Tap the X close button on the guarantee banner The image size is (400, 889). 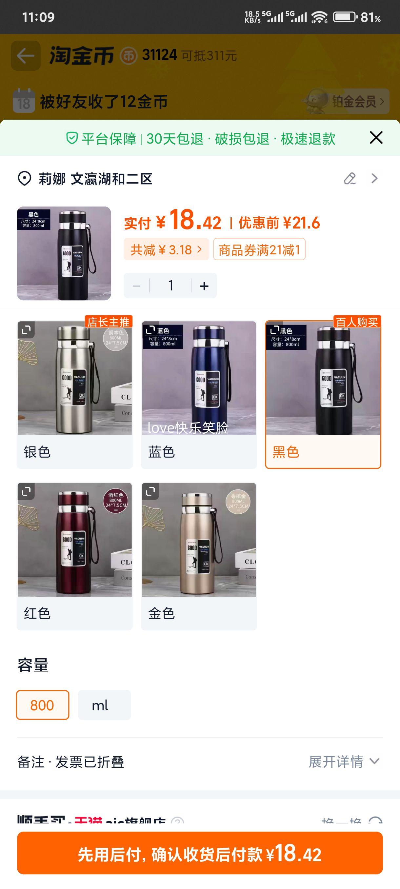pos(376,138)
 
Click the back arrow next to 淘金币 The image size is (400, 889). pos(26,56)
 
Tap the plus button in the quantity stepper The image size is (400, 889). pos(204,286)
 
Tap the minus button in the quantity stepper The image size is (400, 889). pos(137,286)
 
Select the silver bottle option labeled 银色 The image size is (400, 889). pos(74,394)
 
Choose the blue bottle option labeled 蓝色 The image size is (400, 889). pos(199,394)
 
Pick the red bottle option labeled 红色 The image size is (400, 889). pos(74,556)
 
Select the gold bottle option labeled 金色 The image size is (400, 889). pos(199,556)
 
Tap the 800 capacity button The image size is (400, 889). pos(42,705)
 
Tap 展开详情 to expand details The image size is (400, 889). pos(344,762)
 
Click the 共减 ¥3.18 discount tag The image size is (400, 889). pos(166,249)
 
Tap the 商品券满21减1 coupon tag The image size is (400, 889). pos(259,249)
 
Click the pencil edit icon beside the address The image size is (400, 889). pos(350,178)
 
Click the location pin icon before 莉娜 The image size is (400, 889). pos(25,179)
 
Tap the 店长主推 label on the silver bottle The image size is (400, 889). pos(109,322)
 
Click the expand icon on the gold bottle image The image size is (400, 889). pos(150,491)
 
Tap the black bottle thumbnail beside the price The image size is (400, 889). pos(64,253)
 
